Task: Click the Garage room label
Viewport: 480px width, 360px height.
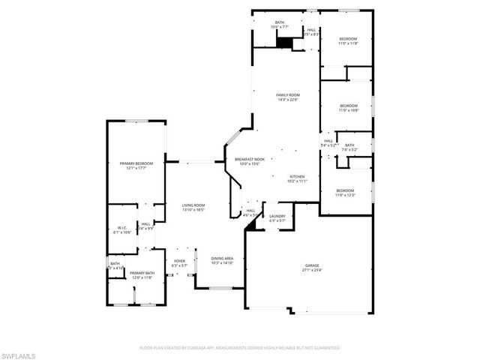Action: pyautogui.click(x=312, y=265)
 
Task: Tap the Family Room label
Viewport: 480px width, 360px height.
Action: pyautogui.click(x=288, y=94)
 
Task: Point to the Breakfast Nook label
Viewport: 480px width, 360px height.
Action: pyautogui.click(x=250, y=160)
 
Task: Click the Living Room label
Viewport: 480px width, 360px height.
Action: pyautogui.click(x=193, y=205)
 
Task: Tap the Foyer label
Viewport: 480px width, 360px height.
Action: pyautogui.click(x=179, y=260)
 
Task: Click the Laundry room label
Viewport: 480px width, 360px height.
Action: pyautogui.click(x=277, y=216)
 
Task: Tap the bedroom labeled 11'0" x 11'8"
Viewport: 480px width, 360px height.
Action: pyautogui.click(x=347, y=38)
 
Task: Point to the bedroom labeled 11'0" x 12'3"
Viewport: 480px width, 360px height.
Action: pyautogui.click(x=345, y=190)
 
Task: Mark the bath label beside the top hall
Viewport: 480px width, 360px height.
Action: pyautogui.click(x=280, y=23)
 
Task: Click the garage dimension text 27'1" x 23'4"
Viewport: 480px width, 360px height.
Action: pyautogui.click(x=312, y=270)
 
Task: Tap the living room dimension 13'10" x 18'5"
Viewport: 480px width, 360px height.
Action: pyautogui.click(x=193, y=211)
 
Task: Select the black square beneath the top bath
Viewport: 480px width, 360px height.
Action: pyautogui.click(x=283, y=43)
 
